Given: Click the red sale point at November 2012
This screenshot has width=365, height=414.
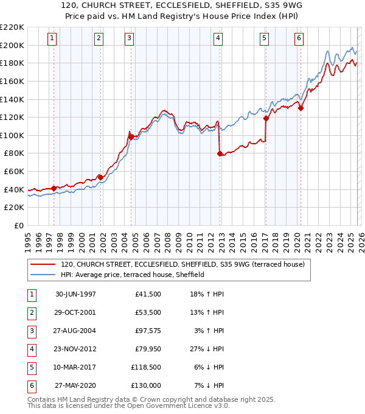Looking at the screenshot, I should (x=220, y=153).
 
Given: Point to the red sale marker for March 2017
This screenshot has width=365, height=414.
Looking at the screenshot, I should (x=266, y=119).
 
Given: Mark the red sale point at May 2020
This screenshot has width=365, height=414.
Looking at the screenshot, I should (x=301, y=108).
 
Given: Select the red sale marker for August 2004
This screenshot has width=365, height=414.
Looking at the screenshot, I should (x=131, y=138).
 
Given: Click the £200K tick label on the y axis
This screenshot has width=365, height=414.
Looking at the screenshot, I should (x=13, y=45).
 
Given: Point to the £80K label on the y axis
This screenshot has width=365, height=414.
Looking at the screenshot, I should (x=15, y=153).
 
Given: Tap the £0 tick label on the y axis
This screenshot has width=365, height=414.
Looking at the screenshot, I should (x=19, y=226).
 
